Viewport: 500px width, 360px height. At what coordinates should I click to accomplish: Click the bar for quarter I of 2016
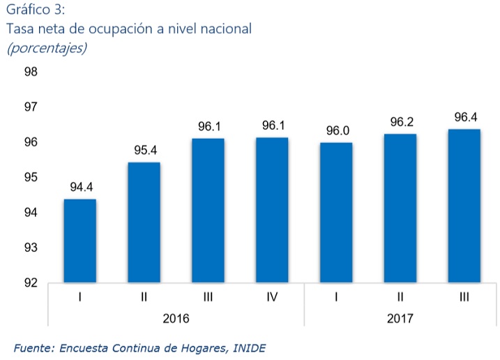click(80, 241)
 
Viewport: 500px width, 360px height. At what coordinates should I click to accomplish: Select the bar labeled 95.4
click(144, 223)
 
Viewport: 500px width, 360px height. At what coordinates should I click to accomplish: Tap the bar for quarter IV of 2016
click(272, 210)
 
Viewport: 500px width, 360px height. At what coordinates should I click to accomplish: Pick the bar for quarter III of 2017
click(464, 206)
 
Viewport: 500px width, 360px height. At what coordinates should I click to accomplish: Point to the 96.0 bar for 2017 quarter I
click(336, 212)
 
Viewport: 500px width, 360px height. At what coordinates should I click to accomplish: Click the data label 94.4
click(81, 187)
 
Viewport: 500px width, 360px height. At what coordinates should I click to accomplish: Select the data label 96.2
click(401, 122)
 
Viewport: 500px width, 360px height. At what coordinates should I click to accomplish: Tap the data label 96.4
click(465, 117)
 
